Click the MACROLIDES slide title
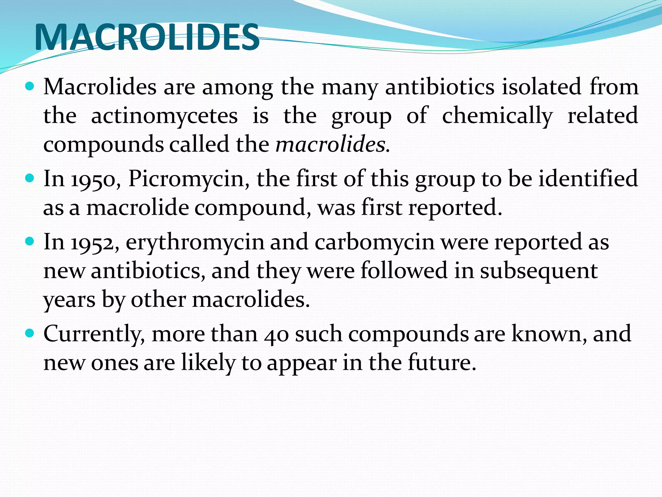click(x=147, y=37)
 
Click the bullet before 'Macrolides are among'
click(x=29, y=86)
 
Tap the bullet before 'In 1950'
click(x=29, y=178)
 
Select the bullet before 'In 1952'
click(x=29, y=241)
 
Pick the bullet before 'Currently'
click(x=29, y=333)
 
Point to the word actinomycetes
click(x=164, y=116)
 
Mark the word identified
click(x=588, y=179)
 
